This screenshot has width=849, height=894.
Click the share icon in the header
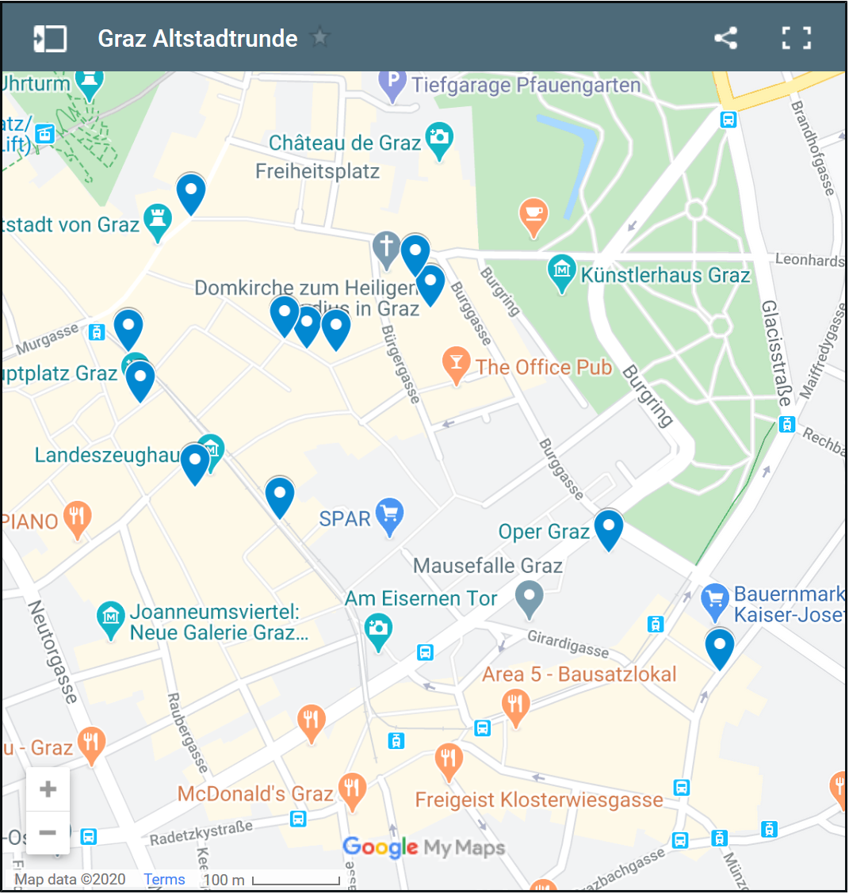725,38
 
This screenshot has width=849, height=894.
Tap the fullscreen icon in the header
796,38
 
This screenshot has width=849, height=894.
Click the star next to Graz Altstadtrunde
319,37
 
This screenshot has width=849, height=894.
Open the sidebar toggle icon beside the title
49,38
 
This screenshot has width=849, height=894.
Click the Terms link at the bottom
164,879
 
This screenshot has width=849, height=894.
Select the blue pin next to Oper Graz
609,529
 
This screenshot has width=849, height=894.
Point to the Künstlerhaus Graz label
664,276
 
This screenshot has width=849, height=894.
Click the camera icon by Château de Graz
438,138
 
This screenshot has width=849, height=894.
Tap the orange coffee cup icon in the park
533,215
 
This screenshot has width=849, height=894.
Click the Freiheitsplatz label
317,171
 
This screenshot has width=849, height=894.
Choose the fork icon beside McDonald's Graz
352,789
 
